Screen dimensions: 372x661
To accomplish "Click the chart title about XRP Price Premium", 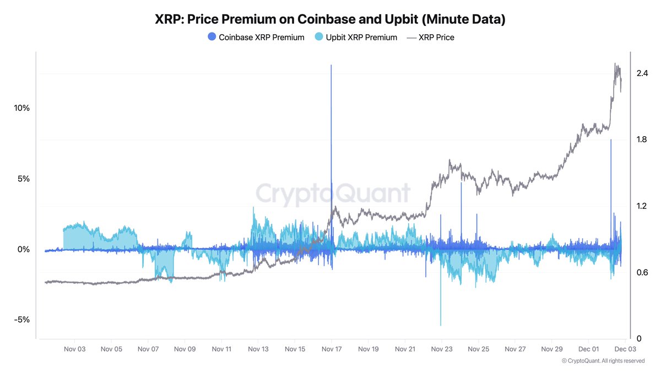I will [330, 19].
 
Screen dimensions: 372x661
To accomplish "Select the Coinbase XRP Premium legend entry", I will [256, 37].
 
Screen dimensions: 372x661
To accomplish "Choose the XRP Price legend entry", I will [430, 37].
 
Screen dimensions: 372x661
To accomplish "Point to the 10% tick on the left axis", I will [21, 108].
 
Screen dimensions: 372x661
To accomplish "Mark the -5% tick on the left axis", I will [22, 320].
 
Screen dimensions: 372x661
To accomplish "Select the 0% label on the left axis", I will [23, 250].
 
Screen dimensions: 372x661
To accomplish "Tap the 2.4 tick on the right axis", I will [641, 73].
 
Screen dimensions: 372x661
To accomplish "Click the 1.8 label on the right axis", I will [641, 139].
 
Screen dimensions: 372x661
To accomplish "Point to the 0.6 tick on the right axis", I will [641, 272].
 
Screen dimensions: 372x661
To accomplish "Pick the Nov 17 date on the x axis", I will [331, 349].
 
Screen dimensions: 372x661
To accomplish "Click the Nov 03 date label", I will [74, 349].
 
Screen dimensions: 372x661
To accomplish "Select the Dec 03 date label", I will [625, 349].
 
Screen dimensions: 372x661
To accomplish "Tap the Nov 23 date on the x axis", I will [441, 349].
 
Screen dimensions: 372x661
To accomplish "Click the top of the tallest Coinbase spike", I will [331, 65].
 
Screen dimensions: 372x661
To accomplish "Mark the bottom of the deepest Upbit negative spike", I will [441, 325].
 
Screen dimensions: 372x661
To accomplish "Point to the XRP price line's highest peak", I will [615, 63].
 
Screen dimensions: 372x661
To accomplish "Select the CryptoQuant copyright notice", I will [603, 361].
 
